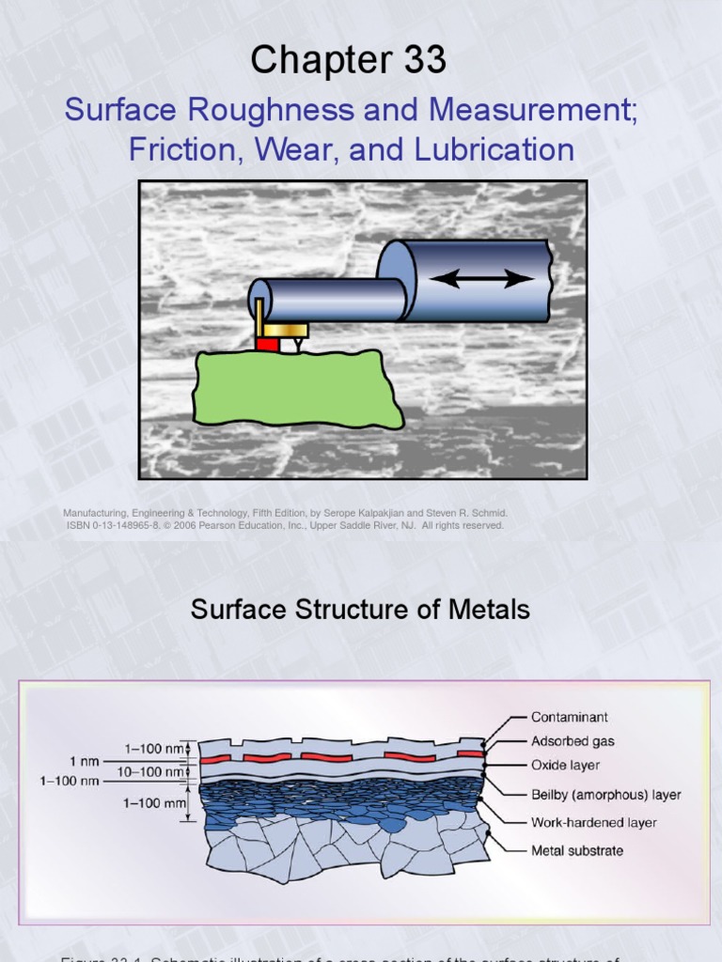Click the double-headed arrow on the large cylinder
pyautogui.click(x=482, y=278)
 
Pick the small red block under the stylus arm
pyautogui.click(x=267, y=345)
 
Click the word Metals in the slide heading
pyautogui.click(x=485, y=610)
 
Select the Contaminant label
pyautogui.click(x=570, y=718)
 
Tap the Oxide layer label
pyautogui.click(x=565, y=766)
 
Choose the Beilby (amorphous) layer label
pyautogui.click(x=606, y=795)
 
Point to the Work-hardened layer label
pyautogui.click(x=594, y=823)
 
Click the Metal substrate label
pyautogui.click(x=577, y=851)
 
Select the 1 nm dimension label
pyautogui.click(x=85, y=760)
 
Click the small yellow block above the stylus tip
pyautogui.click(x=285, y=330)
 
